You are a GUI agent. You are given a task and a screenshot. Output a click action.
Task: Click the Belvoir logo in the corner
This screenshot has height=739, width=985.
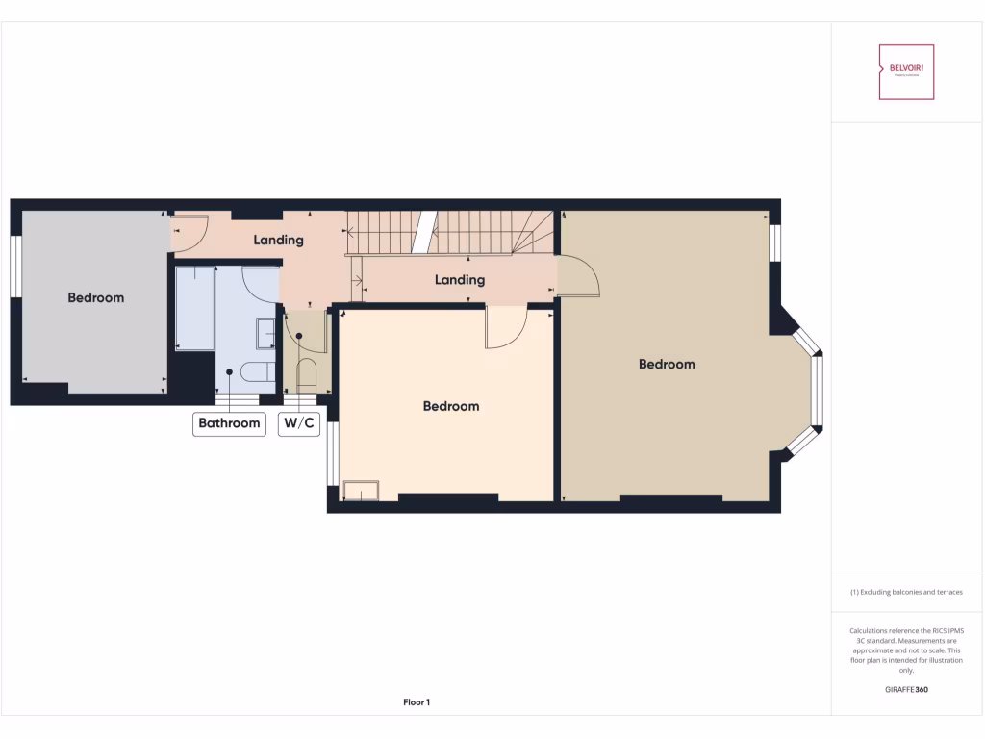(906, 72)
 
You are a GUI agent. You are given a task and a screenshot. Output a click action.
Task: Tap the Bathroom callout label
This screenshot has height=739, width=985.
(229, 423)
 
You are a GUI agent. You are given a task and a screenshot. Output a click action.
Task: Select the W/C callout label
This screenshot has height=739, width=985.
(298, 423)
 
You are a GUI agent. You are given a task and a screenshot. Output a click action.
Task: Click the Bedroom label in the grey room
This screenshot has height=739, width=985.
(96, 298)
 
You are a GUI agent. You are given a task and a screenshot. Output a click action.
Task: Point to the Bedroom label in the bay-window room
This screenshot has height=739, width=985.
(667, 365)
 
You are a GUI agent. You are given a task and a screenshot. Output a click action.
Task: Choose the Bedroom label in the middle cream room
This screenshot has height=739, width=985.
(451, 407)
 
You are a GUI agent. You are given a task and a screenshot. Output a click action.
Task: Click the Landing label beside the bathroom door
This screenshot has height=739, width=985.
(279, 240)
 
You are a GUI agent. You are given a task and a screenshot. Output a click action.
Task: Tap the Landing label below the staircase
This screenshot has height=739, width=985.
(460, 280)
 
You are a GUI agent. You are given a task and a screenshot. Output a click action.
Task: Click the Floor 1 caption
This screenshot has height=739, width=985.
(417, 702)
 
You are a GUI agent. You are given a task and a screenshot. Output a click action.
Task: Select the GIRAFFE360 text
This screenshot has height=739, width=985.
(906, 689)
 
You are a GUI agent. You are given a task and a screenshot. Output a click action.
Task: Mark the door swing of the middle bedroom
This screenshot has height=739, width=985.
(503, 327)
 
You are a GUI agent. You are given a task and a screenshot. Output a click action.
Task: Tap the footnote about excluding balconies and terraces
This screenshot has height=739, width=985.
(906, 592)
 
